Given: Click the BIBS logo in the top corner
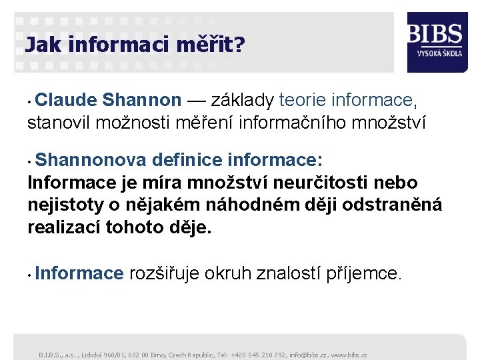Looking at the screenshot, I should pyautogui.click(x=435, y=33).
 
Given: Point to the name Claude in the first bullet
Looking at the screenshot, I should pyautogui.click(x=67, y=100).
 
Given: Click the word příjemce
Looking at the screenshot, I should pyautogui.click(x=363, y=273).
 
